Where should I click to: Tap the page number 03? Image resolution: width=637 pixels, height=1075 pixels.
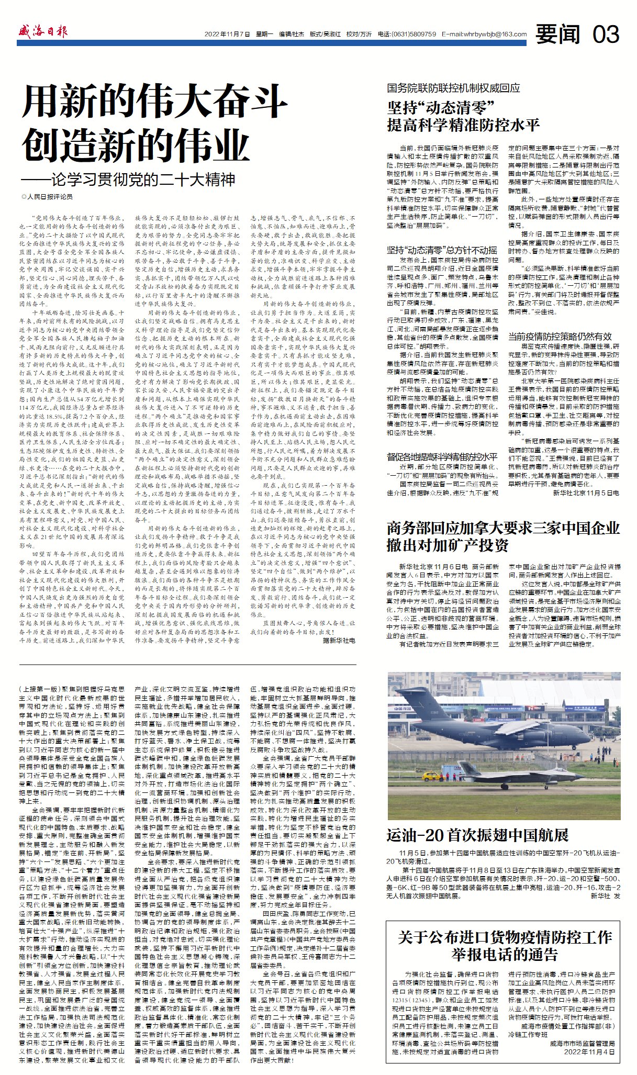click(x=606, y=35)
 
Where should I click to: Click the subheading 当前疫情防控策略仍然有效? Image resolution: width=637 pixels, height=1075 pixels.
click(x=560, y=336)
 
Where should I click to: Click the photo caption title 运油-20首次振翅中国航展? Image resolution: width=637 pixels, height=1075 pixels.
click(x=477, y=834)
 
